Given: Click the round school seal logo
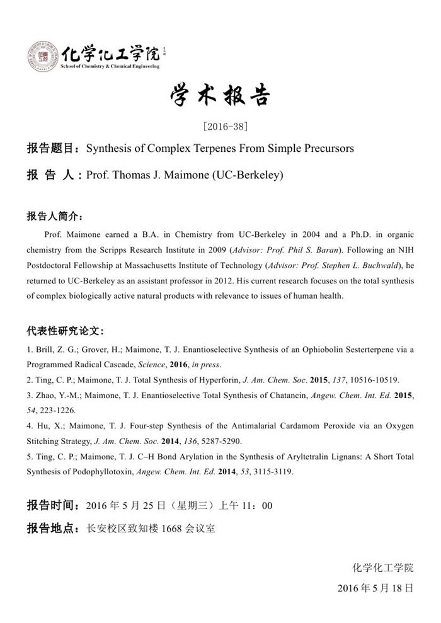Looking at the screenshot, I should (x=42, y=56).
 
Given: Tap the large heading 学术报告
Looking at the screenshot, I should (x=220, y=96).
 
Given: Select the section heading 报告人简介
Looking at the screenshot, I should (x=54, y=216).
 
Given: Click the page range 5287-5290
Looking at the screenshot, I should (x=220, y=442).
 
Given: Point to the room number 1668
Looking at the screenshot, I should (x=171, y=529).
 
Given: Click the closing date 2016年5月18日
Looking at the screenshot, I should (x=375, y=588).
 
